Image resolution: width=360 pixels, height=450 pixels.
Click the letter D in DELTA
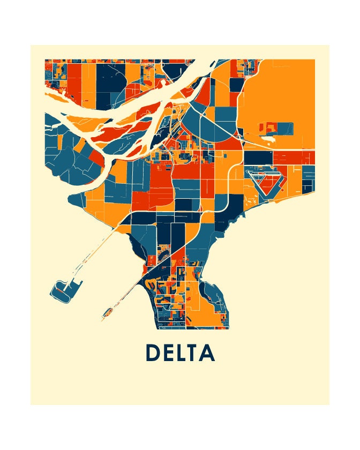(153, 353)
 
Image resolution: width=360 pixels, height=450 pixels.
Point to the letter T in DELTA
(193, 353)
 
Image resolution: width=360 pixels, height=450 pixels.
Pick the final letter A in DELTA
(207, 353)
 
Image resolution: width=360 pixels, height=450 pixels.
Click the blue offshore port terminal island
(64, 290)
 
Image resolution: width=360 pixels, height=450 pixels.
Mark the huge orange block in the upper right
(279, 96)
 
